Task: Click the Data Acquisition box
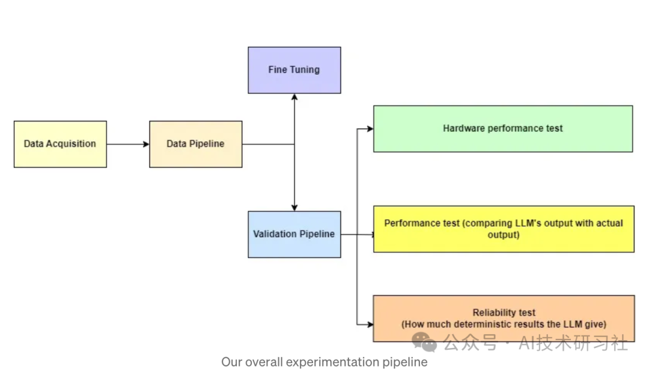(x=60, y=144)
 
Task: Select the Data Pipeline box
(x=196, y=144)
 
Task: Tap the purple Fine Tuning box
(x=294, y=70)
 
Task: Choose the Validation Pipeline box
(x=294, y=234)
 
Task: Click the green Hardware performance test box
(x=503, y=128)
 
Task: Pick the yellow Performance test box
(x=504, y=229)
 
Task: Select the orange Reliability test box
(x=504, y=318)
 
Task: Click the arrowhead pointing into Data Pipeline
(x=145, y=144)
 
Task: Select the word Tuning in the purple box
(x=306, y=70)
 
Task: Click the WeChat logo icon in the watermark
(x=424, y=342)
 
